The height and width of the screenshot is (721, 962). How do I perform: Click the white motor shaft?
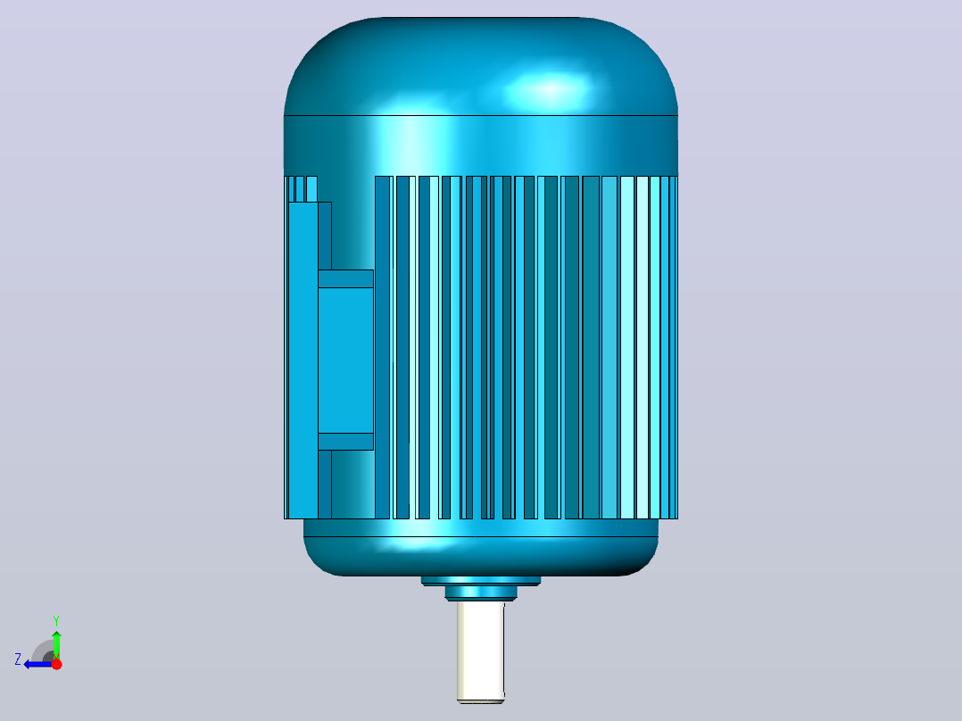480,651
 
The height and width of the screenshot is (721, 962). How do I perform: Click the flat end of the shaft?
480,700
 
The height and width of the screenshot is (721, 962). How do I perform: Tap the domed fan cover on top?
480,66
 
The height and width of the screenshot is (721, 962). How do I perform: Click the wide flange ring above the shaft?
480,581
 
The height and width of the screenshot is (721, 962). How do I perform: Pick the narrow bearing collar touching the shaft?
480,593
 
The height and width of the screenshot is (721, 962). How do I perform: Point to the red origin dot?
56,664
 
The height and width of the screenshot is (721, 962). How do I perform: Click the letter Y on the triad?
56,620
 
